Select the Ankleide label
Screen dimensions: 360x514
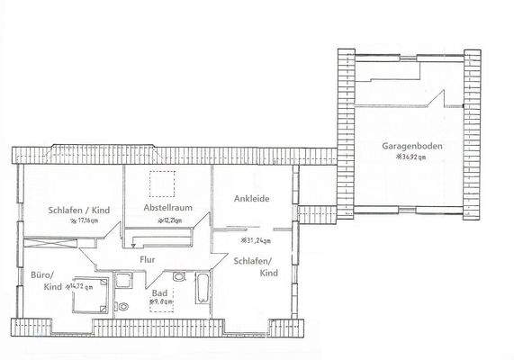tap(252, 199)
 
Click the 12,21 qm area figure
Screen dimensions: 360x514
tap(170, 219)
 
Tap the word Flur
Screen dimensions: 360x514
tap(149, 261)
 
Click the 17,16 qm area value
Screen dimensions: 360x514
tap(82, 220)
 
